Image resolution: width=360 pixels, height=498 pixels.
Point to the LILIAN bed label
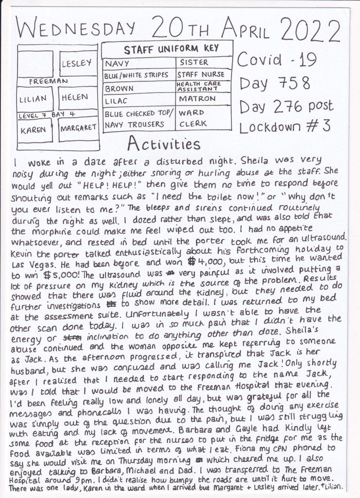34,99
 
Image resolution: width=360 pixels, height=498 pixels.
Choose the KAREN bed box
34,129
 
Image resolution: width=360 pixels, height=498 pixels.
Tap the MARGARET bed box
77,129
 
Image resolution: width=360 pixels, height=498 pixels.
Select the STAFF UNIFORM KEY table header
171,49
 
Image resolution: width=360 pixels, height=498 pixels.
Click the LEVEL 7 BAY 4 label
48,116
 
